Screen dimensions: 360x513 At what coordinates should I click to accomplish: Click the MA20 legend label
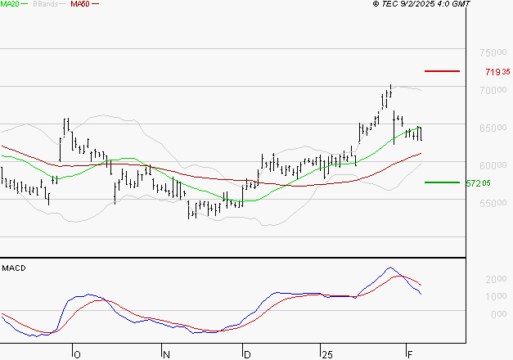(x=11, y=4)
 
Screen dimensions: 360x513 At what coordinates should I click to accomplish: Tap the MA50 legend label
(x=80, y=4)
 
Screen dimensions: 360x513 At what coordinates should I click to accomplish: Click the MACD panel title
(x=14, y=268)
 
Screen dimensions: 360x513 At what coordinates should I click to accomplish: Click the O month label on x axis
(x=77, y=354)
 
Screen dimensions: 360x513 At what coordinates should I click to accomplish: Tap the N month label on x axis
(x=166, y=354)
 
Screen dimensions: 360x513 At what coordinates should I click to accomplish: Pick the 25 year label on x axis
(x=326, y=354)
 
